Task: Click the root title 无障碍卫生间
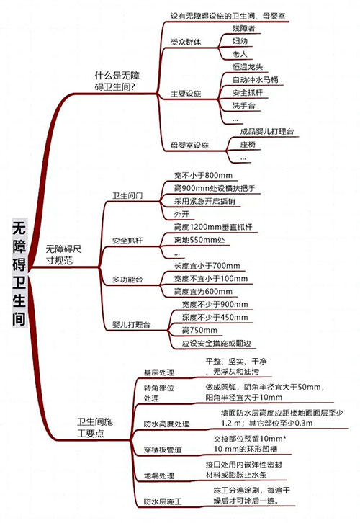(19, 273)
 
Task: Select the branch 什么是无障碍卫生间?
(117, 81)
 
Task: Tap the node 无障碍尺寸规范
(63, 254)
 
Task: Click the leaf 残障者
(243, 28)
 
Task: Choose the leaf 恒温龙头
(248, 67)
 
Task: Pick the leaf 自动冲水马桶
(256, 80)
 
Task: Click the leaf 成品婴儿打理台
(267, 131)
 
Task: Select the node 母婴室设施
(189, 145)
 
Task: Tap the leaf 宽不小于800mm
(203, 176)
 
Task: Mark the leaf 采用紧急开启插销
(204, 201)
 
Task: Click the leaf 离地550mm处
(199, 240)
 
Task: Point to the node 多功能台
(127, 280)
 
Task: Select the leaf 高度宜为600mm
(203, 292)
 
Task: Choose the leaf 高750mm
(199, 330)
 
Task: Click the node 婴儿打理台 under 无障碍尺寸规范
(131, 325)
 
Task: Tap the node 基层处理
(158, 372)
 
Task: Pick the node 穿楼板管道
(163, 450)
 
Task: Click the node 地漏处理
(158, 475)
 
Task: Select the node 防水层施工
(163, 501)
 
